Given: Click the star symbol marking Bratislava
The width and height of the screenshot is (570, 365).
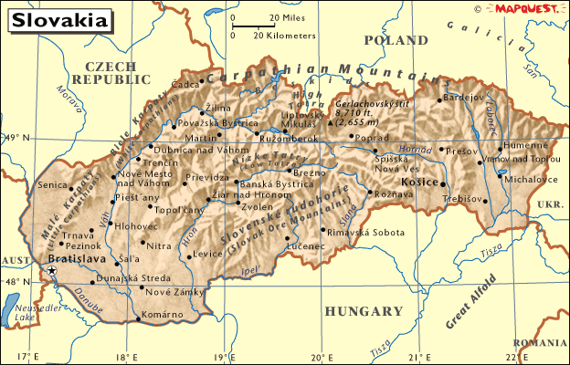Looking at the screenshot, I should (52, 271).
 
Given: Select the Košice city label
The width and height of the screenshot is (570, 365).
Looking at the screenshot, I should (420, 182).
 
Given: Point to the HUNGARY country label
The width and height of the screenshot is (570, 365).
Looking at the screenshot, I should (364, 310).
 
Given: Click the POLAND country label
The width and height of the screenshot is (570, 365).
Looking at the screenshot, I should (396, 40).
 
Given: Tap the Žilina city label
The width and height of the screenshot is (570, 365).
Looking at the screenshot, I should (217, 108).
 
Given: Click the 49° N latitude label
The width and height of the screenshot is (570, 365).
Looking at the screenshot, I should (16, 139).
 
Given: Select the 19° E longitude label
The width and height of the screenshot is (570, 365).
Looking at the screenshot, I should (224, 356).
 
